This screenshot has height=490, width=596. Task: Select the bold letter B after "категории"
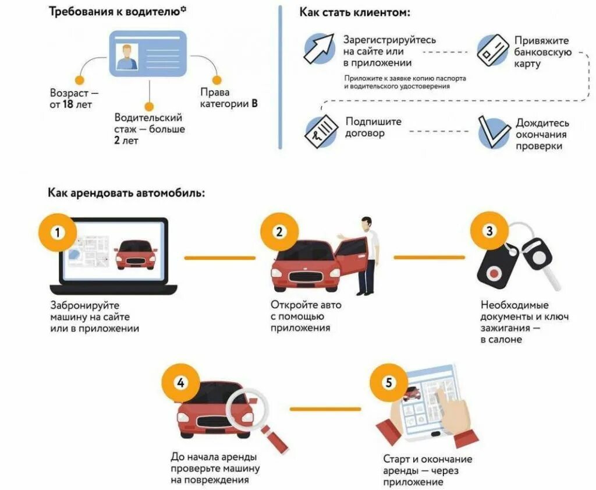254,104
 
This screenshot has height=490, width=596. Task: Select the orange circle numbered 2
279,232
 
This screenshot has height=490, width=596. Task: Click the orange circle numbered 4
181,383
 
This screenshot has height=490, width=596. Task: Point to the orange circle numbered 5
388,383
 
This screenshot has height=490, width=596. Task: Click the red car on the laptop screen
136,254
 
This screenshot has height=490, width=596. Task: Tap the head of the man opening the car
367,223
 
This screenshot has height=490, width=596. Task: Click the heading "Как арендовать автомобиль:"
126,192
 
